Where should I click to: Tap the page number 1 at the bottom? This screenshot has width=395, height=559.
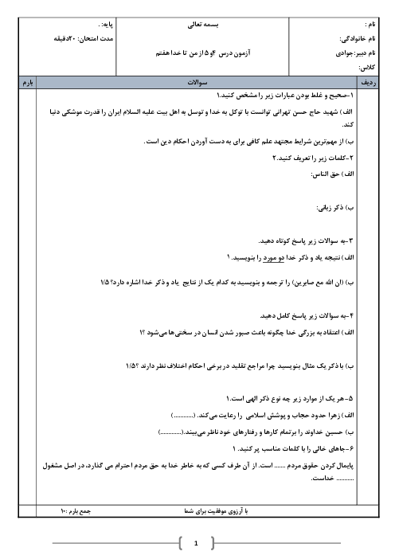click(x=196, y=543)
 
